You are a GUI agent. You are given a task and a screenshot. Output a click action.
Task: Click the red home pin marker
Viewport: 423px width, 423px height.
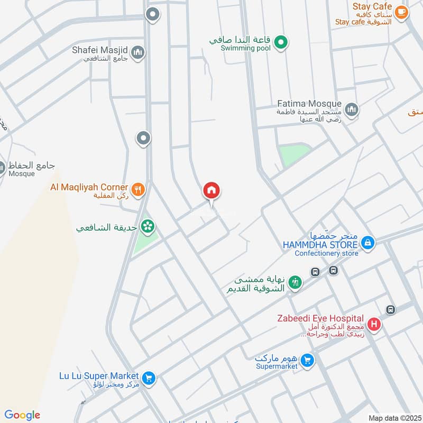tap(212, 191)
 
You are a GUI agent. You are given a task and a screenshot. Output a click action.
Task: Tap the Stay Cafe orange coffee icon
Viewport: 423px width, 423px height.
tap(401, 11)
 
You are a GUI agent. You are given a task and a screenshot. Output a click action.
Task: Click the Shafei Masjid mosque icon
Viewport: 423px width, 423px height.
tap(138, 52)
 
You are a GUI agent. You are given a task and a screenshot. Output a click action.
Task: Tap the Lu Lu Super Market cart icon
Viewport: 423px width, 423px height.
tap(149, 378)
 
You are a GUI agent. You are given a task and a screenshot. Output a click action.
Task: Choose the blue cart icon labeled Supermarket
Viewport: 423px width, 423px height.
tap(307, 361)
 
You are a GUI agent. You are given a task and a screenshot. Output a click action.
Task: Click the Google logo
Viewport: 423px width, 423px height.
tap(22, 415)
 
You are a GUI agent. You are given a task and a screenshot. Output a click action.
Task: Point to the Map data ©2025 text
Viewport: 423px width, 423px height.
tap(394, 418)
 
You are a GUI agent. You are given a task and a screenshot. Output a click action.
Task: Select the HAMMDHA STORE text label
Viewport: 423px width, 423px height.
tap(320, 245)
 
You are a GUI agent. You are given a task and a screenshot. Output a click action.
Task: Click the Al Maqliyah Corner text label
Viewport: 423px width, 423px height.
tap(89, 187)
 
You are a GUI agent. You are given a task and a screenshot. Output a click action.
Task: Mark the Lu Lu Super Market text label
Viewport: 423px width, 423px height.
tap(99, 375)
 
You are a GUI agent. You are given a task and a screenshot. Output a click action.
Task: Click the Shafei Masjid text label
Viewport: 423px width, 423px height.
tap(100, 51)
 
